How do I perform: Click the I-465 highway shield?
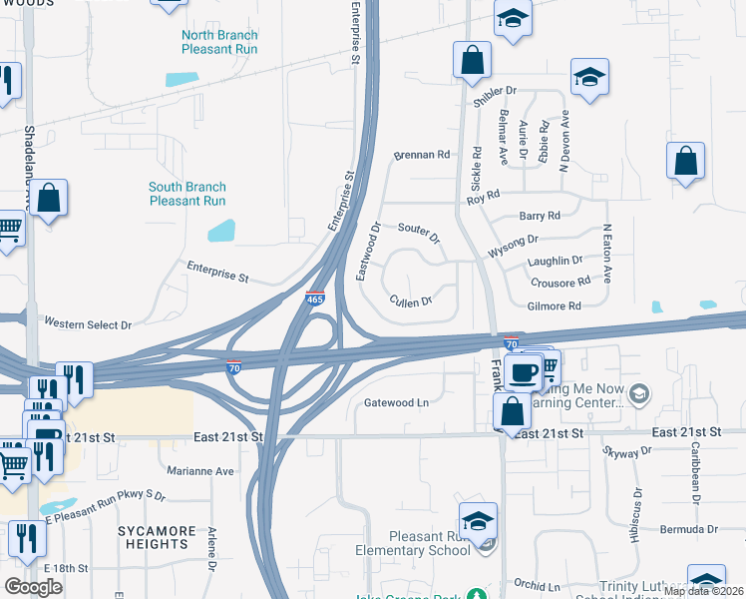click(314, 298)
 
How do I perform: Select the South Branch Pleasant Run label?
click(187, 193)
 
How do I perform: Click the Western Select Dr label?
click(88, 324)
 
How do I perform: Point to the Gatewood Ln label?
click(396, 402)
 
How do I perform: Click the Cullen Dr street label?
click(411, 301)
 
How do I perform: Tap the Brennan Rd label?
click(422, 155)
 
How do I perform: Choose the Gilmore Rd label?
click(554, 306)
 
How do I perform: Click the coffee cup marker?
click(523, 373)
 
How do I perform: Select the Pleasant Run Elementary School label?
click(414, 543)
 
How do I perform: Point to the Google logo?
click(34, 586)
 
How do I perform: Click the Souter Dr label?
click(419, 233)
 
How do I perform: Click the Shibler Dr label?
click(499, 91)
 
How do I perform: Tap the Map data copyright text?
click(704, 591)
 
